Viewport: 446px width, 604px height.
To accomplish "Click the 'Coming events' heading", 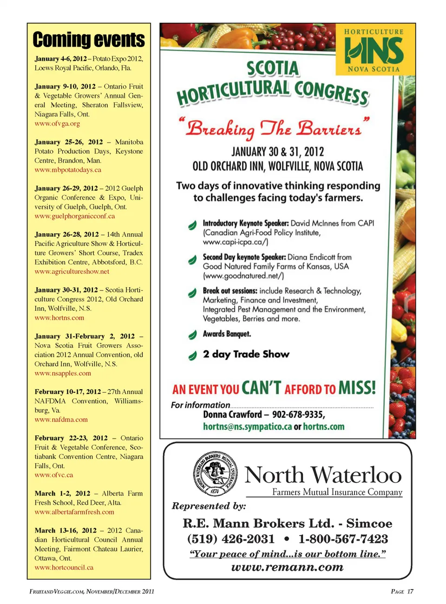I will [89, 40].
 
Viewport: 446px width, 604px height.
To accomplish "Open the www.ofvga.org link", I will [57, 124].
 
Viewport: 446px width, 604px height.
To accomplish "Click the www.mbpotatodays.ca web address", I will [68, 170].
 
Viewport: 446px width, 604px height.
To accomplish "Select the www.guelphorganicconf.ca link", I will [74, 216].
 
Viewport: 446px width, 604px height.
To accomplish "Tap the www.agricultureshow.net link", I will [72, 271].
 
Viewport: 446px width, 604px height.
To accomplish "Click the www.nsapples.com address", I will [63, 373].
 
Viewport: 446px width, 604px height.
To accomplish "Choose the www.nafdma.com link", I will [61, 420].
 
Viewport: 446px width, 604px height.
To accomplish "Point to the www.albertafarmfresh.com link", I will [74, 512].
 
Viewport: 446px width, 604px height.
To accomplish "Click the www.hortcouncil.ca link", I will [64, 567].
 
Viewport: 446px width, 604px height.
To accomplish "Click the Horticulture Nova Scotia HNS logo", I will [374, 50].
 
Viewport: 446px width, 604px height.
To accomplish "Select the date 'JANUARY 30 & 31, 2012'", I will [278, 152].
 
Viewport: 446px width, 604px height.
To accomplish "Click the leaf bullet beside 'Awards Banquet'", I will [192, 335].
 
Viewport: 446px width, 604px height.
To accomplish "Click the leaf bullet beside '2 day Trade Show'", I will [192, 355].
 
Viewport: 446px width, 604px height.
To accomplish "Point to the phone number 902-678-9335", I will [298, 414].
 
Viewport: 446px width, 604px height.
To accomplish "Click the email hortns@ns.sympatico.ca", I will [247, 427].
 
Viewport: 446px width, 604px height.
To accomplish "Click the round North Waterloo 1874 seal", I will [215, 474].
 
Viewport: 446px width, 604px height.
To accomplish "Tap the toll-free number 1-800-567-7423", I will [343, 539].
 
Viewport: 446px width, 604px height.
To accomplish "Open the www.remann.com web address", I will [287, 567].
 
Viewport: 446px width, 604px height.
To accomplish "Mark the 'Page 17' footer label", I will [402, 591].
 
